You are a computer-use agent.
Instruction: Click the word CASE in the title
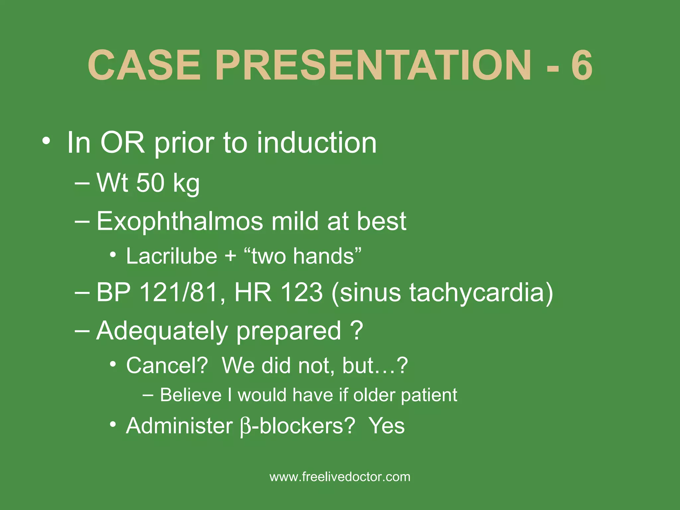point(144,65)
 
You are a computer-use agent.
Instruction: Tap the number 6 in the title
point(582,65)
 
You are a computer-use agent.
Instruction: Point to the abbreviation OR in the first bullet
point(123,143)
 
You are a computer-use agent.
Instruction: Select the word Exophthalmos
point(180,221)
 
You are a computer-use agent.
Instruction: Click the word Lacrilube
point(171,256)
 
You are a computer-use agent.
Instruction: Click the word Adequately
point(162,331)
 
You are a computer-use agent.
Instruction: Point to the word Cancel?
point(167,366)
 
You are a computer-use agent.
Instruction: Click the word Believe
point(191,395)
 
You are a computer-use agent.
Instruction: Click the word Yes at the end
point(387,426)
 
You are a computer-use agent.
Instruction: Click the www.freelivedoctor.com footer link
point(340,477)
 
